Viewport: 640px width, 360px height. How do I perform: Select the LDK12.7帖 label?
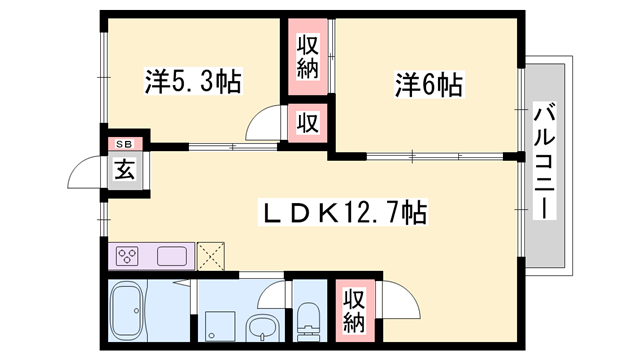pyautogui.click(x=344, y=212)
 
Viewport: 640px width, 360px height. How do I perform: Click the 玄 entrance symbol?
pyautogui.click(x=124, y=170)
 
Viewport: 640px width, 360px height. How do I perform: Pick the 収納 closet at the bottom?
pyautogui.click(x=354, y=309)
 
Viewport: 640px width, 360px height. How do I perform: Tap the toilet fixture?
pyautogui.click(x=309, y=319)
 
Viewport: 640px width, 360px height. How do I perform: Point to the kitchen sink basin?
pyautogui.click(x=172, y=256)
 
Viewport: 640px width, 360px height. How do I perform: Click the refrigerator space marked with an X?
pyautogui.click(x=213, y=256)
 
